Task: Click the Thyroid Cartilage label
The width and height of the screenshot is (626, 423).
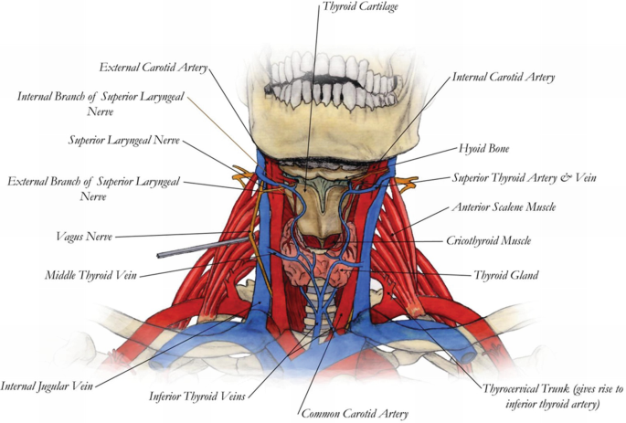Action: click(361, 6)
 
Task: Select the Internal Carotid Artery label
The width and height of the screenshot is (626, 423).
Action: click(504, 78)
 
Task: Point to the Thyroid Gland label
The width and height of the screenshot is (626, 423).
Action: click(504, 274)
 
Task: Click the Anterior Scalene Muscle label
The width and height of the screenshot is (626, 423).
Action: click(504, 207)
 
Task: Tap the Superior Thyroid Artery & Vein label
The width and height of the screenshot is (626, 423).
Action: click(525, 177)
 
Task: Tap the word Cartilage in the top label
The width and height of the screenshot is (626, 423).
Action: click(380, 6)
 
